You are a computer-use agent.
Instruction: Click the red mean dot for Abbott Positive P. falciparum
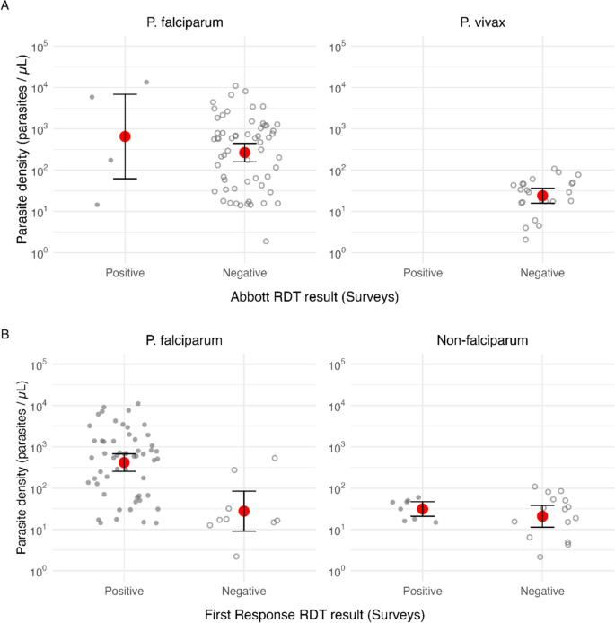[x=125, y=136]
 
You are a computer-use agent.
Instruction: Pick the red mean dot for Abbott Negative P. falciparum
[x=244, y=153]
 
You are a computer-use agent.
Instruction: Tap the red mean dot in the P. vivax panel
[x=542, y=196]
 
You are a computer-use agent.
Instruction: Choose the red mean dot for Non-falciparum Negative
[x=542, y=516]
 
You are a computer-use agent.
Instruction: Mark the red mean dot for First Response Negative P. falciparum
[x=244, y=511]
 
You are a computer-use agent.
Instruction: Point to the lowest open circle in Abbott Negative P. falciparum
[x=266, y=241]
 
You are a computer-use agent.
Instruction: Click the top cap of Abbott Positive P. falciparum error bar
[x=125, y=94]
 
